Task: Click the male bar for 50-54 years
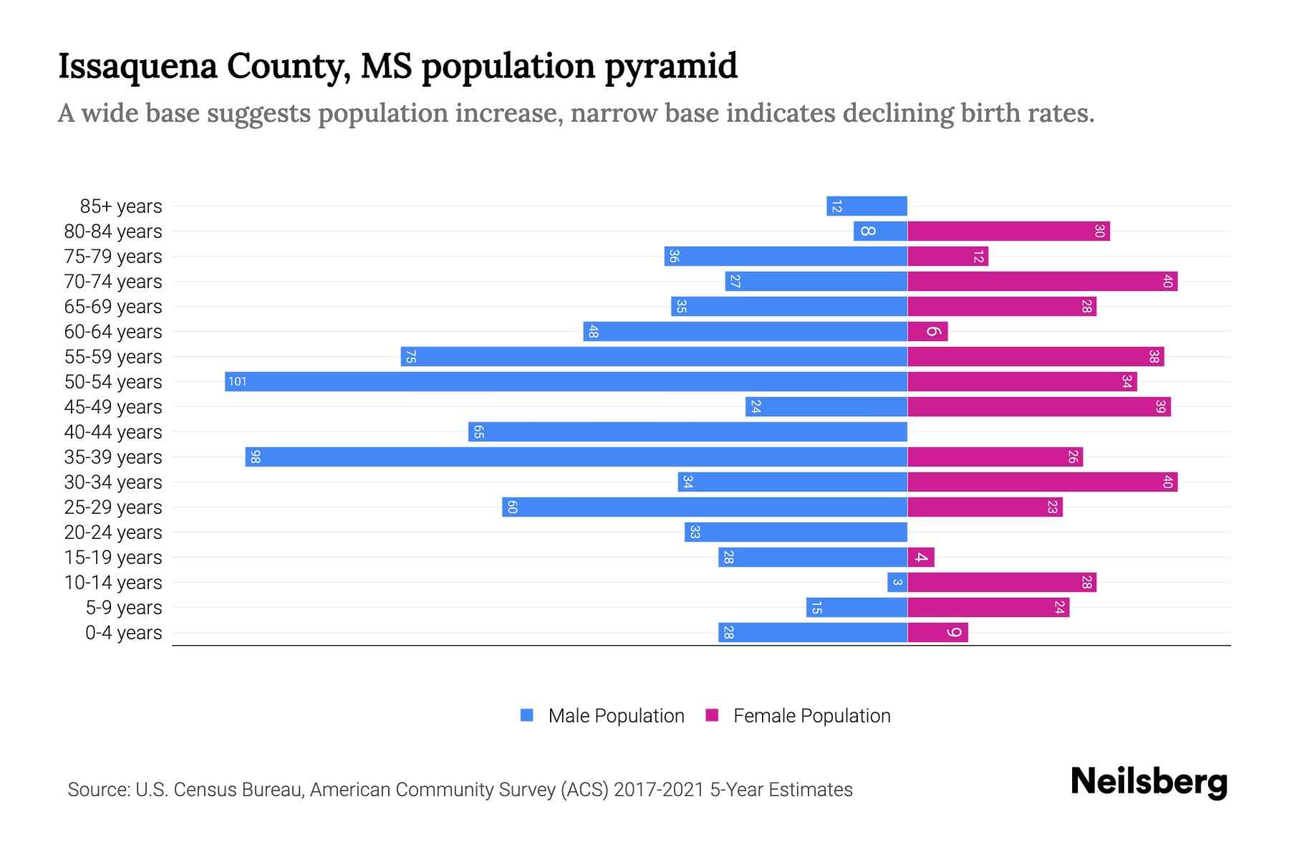566,381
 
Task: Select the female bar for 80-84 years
1008,231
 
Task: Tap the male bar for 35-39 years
576,457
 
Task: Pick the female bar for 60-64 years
927,331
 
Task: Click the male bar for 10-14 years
897,582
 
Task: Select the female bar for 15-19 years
921,557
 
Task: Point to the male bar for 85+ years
866,206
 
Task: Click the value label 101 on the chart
237,381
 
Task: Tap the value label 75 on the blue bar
410,356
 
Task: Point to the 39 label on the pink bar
1160,406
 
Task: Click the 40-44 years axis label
113,432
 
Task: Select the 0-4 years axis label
123,633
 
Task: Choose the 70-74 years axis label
113,282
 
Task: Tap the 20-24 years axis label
113,532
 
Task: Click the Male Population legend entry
616,715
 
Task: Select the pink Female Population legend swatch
712,715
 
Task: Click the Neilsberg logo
1149,782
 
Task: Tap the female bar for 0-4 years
937,632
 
